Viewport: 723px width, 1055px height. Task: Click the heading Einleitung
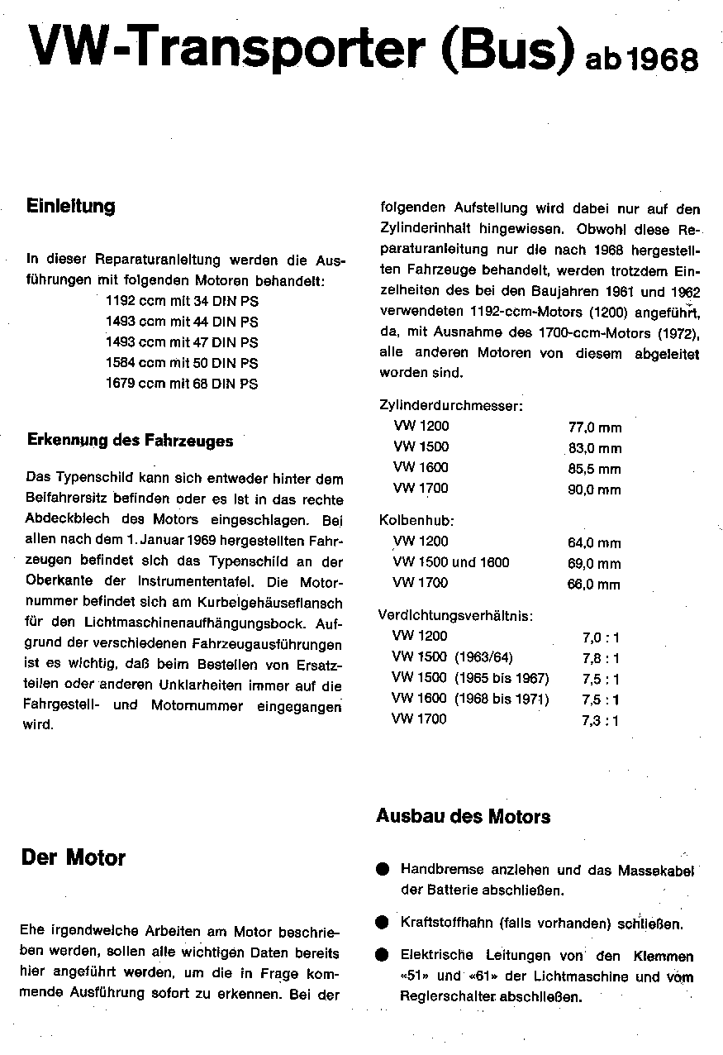(71, 206)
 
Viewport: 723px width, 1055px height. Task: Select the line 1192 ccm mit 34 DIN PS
(182, 302)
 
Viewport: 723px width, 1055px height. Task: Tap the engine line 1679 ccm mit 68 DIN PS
(182, 384)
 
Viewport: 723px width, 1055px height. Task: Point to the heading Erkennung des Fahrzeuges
(131, 441)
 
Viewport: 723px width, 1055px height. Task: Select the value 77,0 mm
(595, 427)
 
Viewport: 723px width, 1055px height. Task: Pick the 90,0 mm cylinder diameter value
(595, 489)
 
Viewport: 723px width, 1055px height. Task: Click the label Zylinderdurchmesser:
(450, 406)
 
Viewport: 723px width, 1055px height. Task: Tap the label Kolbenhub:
(417, 521)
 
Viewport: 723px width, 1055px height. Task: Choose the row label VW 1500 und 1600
(452, 562)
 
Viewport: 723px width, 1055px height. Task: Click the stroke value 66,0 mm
(595, 585)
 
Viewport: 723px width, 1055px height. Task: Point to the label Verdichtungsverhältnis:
(455, 616)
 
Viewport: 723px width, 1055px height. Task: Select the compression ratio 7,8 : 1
(601, 658)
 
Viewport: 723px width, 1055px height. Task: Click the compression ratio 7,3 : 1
(601, 720)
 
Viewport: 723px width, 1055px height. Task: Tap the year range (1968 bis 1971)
(502, 699)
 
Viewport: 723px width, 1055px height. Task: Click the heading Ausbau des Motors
(464, 817)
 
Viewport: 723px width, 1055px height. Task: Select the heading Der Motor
(74, 857)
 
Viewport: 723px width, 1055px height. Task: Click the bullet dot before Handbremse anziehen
(382, 870)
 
